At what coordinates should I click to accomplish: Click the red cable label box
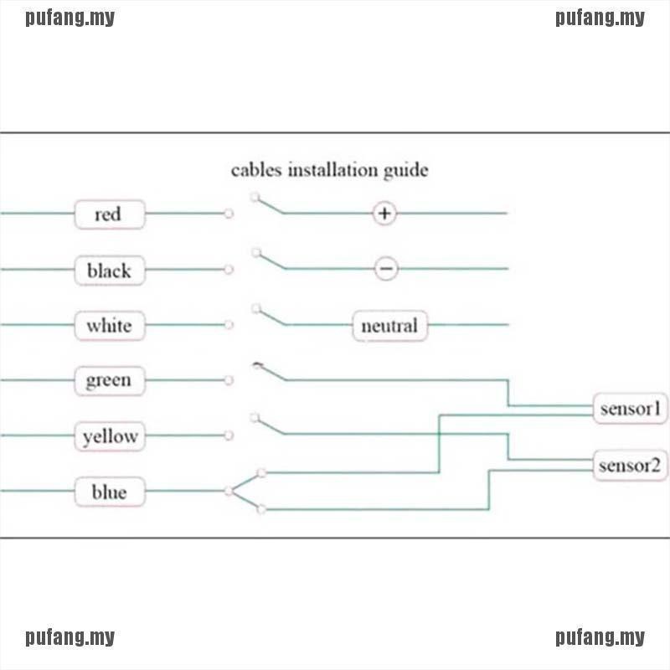pos(109,214)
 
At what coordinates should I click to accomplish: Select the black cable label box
pos(109,270)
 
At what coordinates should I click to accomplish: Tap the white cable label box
pos(109,325)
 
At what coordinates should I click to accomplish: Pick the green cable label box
pos(109,380)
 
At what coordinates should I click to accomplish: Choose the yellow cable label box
pos(109,436)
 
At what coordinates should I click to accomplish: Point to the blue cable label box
pos(109,492)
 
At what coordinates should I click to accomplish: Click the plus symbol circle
pos(384,214)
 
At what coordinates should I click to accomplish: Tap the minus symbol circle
pos(385,269)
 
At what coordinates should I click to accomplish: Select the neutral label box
pos(389,325)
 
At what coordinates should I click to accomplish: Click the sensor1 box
pos(631,410)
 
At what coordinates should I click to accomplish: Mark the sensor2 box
pos(631,465)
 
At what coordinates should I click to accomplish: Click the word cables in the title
pos(256,170)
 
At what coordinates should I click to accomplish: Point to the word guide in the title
pos(407,171)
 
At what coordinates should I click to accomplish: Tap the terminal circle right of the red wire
pos(229,214)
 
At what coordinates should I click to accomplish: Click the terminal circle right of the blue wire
pos(229,491)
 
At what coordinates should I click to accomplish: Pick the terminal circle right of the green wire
pos(229,380)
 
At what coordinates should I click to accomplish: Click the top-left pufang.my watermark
pos(70,18)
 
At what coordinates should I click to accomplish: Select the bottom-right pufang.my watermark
pos(600,638)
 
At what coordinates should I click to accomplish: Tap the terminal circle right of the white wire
pos(229,325)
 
